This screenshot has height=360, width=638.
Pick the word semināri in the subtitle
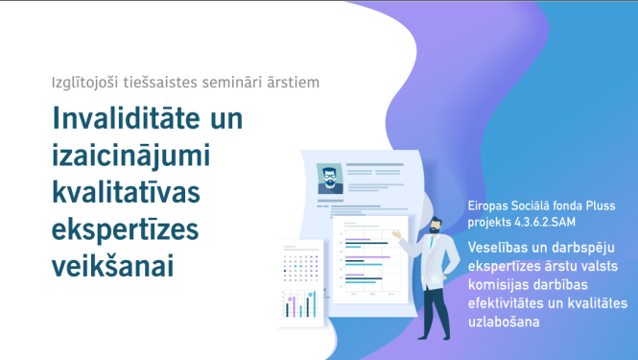click(x=248, y=82)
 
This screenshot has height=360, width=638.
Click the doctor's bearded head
click(x=436, y=227)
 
